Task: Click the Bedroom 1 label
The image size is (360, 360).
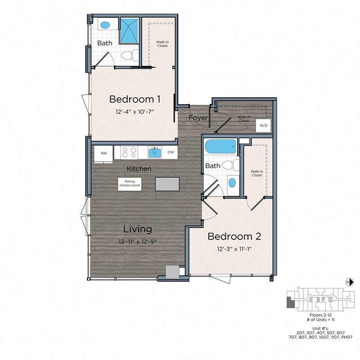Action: tap(135, 99)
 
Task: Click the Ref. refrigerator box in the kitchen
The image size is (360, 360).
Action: tap(104, 153)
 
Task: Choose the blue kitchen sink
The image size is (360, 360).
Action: tap(155, 153)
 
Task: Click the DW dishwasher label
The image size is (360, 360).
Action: tap(171, 153)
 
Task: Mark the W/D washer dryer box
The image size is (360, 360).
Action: tap(263, 126)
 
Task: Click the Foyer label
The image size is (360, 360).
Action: tap(198, 118)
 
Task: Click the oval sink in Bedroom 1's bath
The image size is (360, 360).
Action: tap(105, 25)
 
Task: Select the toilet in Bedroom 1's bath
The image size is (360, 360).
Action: tap(129, 56)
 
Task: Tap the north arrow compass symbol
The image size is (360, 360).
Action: tap(348, 282)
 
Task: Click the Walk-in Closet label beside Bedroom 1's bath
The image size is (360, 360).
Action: tap(162, 44)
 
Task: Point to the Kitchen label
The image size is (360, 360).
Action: tap(139, 169)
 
